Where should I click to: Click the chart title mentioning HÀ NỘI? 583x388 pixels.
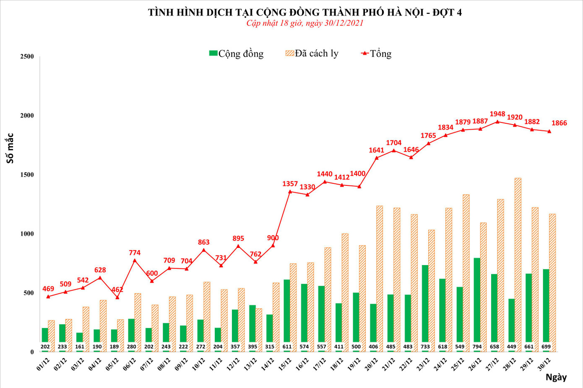(305, 12)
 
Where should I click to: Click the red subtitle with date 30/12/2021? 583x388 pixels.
(305, 23)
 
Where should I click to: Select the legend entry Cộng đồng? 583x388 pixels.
(236, 54)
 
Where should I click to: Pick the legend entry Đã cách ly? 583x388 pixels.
(312, 54)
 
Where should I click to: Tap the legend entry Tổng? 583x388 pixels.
(376, 54)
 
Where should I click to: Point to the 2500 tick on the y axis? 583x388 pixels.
(27, 57)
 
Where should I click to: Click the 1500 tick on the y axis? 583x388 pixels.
(27, 174)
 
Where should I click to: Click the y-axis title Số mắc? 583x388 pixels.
(10, 148)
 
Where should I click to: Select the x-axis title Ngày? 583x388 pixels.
(556, 377)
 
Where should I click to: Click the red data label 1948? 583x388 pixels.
(497, 114)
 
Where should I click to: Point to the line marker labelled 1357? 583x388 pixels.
(290, 192)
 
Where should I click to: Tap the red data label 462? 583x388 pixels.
(117, 289)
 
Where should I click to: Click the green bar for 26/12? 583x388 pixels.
(477, 302)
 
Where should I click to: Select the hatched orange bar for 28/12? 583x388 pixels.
(518, 264)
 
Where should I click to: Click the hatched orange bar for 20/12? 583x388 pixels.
(380, 277)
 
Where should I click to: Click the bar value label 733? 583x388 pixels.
(425, 347)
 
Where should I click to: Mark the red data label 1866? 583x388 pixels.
(559, 123)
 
